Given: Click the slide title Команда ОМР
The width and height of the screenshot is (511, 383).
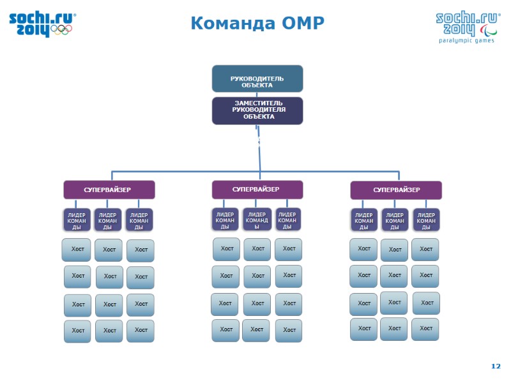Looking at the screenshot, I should [x=257, y=24].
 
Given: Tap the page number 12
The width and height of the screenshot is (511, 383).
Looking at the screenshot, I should [x=496, y=366].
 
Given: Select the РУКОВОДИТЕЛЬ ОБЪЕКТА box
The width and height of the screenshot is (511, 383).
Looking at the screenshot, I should [x=257, y=79].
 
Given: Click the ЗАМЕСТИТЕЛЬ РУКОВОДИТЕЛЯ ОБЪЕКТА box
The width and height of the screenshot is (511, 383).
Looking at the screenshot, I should [x=257, y=110].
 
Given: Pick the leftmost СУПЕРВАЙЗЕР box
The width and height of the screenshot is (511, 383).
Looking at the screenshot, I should [x=109, y=190].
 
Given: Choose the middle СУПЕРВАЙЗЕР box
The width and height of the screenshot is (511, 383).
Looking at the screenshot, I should [x=257, y=189].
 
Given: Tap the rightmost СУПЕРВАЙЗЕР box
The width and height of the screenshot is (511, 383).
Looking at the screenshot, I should [x=396, y=190].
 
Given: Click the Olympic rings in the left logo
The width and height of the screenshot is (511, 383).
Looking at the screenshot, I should [x=61, y=29].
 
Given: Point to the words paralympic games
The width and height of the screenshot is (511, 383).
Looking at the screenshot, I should [x=466, y=40].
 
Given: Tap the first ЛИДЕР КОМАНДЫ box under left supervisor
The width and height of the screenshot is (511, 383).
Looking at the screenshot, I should [x=77, y=220].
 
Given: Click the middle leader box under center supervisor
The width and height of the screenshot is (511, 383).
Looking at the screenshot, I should [x=257, y=219].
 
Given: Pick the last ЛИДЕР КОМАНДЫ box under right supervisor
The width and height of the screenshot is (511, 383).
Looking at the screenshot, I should [x=426, y=220].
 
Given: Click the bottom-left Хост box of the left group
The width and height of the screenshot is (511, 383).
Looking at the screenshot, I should [x=77, y=331].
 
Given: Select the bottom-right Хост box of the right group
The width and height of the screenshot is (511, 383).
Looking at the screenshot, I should [x=425, y=329].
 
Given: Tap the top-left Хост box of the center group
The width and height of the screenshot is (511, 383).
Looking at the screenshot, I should [x=226, y=248].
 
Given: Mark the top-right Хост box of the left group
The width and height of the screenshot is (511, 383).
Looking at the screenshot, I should [x=141, y=250].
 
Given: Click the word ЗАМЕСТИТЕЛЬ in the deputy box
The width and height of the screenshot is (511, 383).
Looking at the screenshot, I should [x=257, y=103].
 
